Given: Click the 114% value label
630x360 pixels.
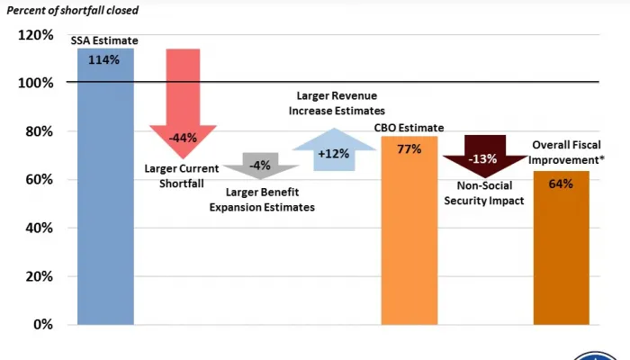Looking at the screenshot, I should tap(105, 60).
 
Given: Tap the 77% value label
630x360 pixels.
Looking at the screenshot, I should tap(409, 148).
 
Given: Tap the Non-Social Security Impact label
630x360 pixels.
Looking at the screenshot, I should tap(484, 193).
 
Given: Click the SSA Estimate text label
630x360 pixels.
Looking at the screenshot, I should tap(105, 40).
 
